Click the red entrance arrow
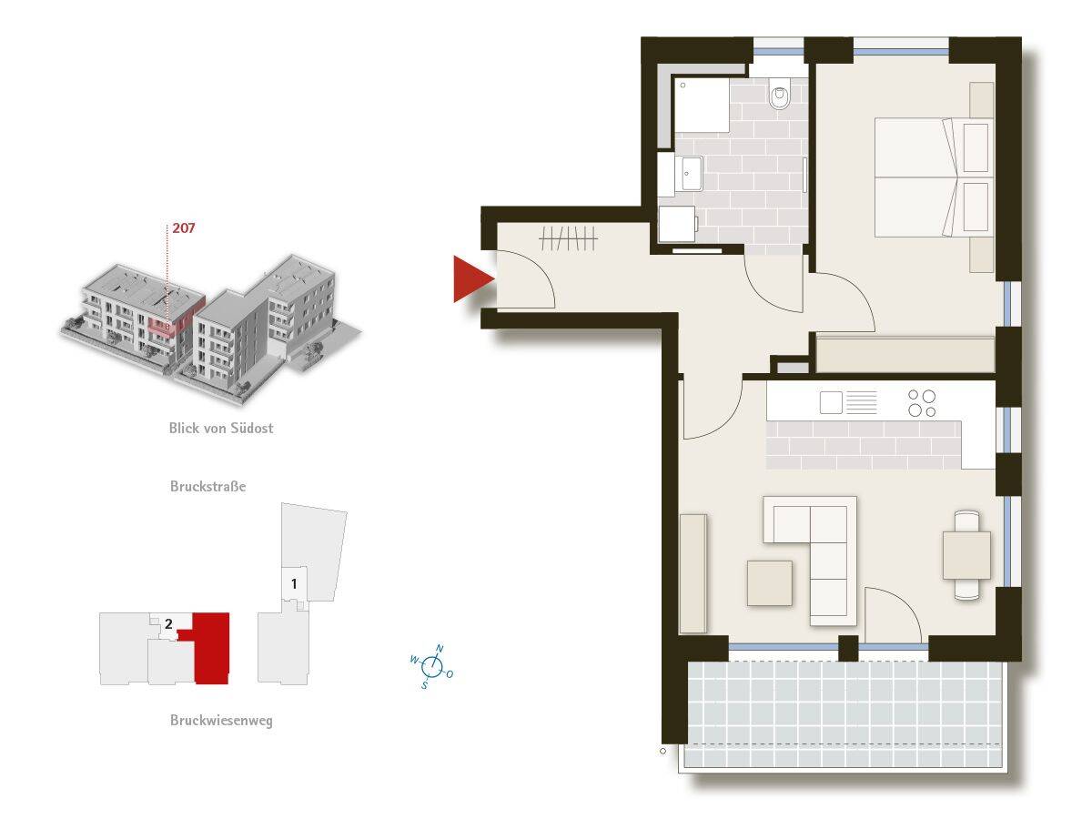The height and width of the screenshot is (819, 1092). [471, 278]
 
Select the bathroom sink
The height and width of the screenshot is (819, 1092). [691, 172]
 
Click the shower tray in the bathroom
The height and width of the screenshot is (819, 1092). [701, 106]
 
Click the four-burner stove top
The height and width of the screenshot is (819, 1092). [922, 402]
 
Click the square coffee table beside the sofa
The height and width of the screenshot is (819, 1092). [770, 582]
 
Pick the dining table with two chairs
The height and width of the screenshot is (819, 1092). [966, 555]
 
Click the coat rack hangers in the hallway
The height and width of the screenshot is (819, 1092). [568, 238]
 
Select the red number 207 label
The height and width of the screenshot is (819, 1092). [183, 227]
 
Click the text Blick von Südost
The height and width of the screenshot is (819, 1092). [220, 428]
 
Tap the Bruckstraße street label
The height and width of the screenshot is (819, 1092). [207, 486]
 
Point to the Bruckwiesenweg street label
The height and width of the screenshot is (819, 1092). [220, 721]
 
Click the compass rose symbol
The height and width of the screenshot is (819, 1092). [432, 667]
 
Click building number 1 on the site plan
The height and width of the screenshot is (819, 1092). [294, 581]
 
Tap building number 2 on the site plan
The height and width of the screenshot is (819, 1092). [168, 624]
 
